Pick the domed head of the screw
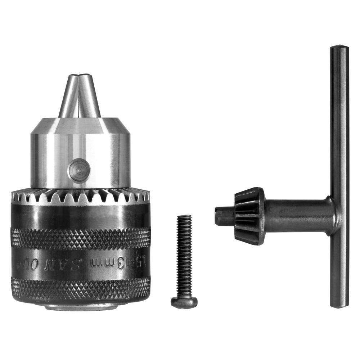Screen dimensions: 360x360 click(184, 302)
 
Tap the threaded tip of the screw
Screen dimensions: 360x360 click(184, 217)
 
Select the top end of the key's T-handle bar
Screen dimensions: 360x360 click(339, 50)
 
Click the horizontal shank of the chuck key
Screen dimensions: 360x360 click(295, 215)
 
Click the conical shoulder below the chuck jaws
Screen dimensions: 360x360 click(80, 126)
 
